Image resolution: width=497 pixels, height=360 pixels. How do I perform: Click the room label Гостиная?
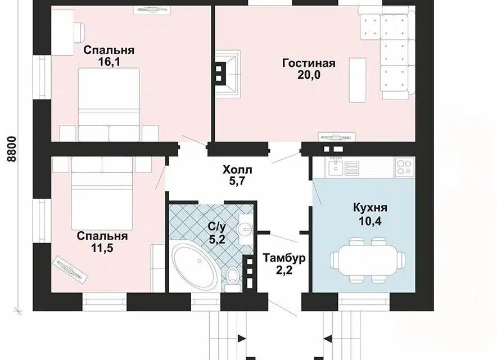pos(309,63)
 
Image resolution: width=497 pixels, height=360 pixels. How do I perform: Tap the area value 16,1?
pos(109,62)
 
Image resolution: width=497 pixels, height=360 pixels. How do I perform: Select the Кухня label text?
pos(370,208)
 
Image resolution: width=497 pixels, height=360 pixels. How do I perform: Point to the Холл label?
pos(237,170)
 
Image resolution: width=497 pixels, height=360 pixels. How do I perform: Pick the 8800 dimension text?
pos(11,148)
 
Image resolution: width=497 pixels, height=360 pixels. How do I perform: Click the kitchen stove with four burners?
pos(404,168)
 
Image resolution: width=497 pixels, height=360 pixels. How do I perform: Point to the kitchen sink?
pos(335,167)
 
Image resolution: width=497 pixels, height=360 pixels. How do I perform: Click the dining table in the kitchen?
pos(367,260)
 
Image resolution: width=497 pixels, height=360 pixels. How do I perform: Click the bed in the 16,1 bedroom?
pos(109,105)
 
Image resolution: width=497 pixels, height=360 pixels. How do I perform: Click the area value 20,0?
pos(309,75)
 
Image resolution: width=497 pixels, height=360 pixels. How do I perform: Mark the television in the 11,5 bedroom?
pos(70,269)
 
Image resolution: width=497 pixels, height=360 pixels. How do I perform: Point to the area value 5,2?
pos(217,239)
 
